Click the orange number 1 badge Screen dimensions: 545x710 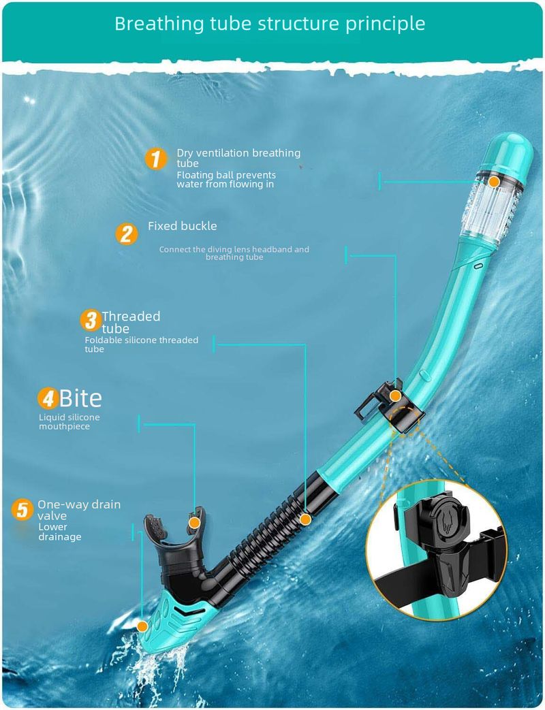[x=156, y=159]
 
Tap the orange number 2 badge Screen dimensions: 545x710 [x=127, y=233]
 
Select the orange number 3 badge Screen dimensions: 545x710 [x=91, y=320]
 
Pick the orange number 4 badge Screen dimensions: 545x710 [x=48, y=398]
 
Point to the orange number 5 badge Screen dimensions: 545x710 [x=22, y=509]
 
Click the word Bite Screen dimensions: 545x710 [x=80, y=398]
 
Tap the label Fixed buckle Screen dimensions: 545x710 [x=182, y=226]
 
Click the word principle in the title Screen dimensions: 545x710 [x=386, y=24]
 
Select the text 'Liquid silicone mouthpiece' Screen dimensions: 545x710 [x=69, y=421]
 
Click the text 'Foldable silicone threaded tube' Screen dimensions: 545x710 [x=141, y=344]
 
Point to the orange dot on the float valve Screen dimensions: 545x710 [x=495, y=182]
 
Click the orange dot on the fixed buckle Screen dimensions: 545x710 [x=395, y=396]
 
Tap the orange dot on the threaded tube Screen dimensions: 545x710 [x=305, y=519]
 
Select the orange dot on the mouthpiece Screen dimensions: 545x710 [x=194, y=523]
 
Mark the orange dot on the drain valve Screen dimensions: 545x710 [x=142, y=627]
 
